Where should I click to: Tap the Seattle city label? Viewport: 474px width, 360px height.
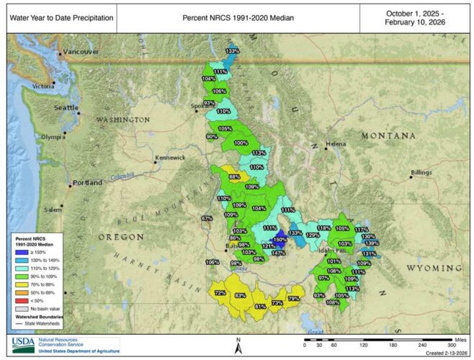point(66,107)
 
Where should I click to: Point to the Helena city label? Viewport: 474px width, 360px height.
point(336,144)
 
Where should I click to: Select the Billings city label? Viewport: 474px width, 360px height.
point(421,173)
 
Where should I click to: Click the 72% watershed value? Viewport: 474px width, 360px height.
point(220,293)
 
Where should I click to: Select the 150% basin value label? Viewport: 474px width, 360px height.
point(280,240)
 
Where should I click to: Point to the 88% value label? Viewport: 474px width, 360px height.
point(234,176)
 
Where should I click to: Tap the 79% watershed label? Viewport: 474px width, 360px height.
point(293,298)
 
